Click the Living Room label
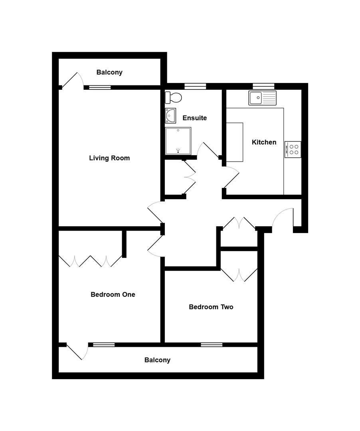109,158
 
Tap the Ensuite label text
194,118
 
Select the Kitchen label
264,142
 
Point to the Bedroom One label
113,295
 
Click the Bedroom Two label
211,307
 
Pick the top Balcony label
109,72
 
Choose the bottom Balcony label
157,360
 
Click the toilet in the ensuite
174,97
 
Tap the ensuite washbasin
170,116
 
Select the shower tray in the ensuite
178,141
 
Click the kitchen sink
262,98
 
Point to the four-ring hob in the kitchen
293,149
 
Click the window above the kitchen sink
263,86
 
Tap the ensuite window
195,86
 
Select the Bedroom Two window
212,344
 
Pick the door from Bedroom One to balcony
77,351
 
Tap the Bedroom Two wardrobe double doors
239,275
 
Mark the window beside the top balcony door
100,87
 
